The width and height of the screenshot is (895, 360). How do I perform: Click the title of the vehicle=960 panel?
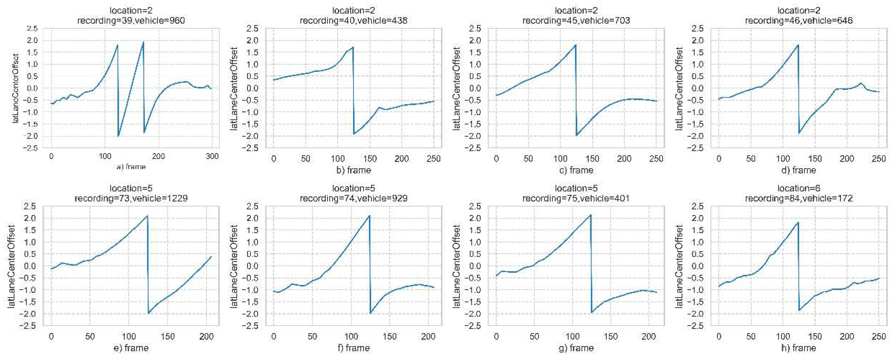tap(131, 16)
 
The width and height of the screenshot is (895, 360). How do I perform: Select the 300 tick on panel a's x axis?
tap(212, 156)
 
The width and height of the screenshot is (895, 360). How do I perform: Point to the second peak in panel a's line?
tap(143, 42)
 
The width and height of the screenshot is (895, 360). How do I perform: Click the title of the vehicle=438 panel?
tap(353, 16)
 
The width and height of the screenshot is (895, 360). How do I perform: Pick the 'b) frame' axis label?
tap(353, 170)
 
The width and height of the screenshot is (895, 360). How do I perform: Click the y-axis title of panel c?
tap(457, 88)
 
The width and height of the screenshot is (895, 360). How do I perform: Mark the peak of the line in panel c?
tap(576, 45)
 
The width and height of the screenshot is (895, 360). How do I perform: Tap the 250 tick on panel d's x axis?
tap(879, 159)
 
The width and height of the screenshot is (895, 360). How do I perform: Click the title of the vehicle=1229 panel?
tap(131, 194)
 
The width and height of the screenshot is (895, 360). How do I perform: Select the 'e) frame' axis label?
tap(131, 348)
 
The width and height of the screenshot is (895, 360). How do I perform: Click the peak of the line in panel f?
tap(369, 216)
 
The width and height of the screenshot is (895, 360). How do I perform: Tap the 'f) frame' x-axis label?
tap(353, 348)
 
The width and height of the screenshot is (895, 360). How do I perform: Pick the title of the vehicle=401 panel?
tap(576, 194)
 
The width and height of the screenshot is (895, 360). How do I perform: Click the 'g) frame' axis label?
tap(576, 348)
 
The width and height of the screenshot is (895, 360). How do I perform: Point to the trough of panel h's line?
tap(799, 310)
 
